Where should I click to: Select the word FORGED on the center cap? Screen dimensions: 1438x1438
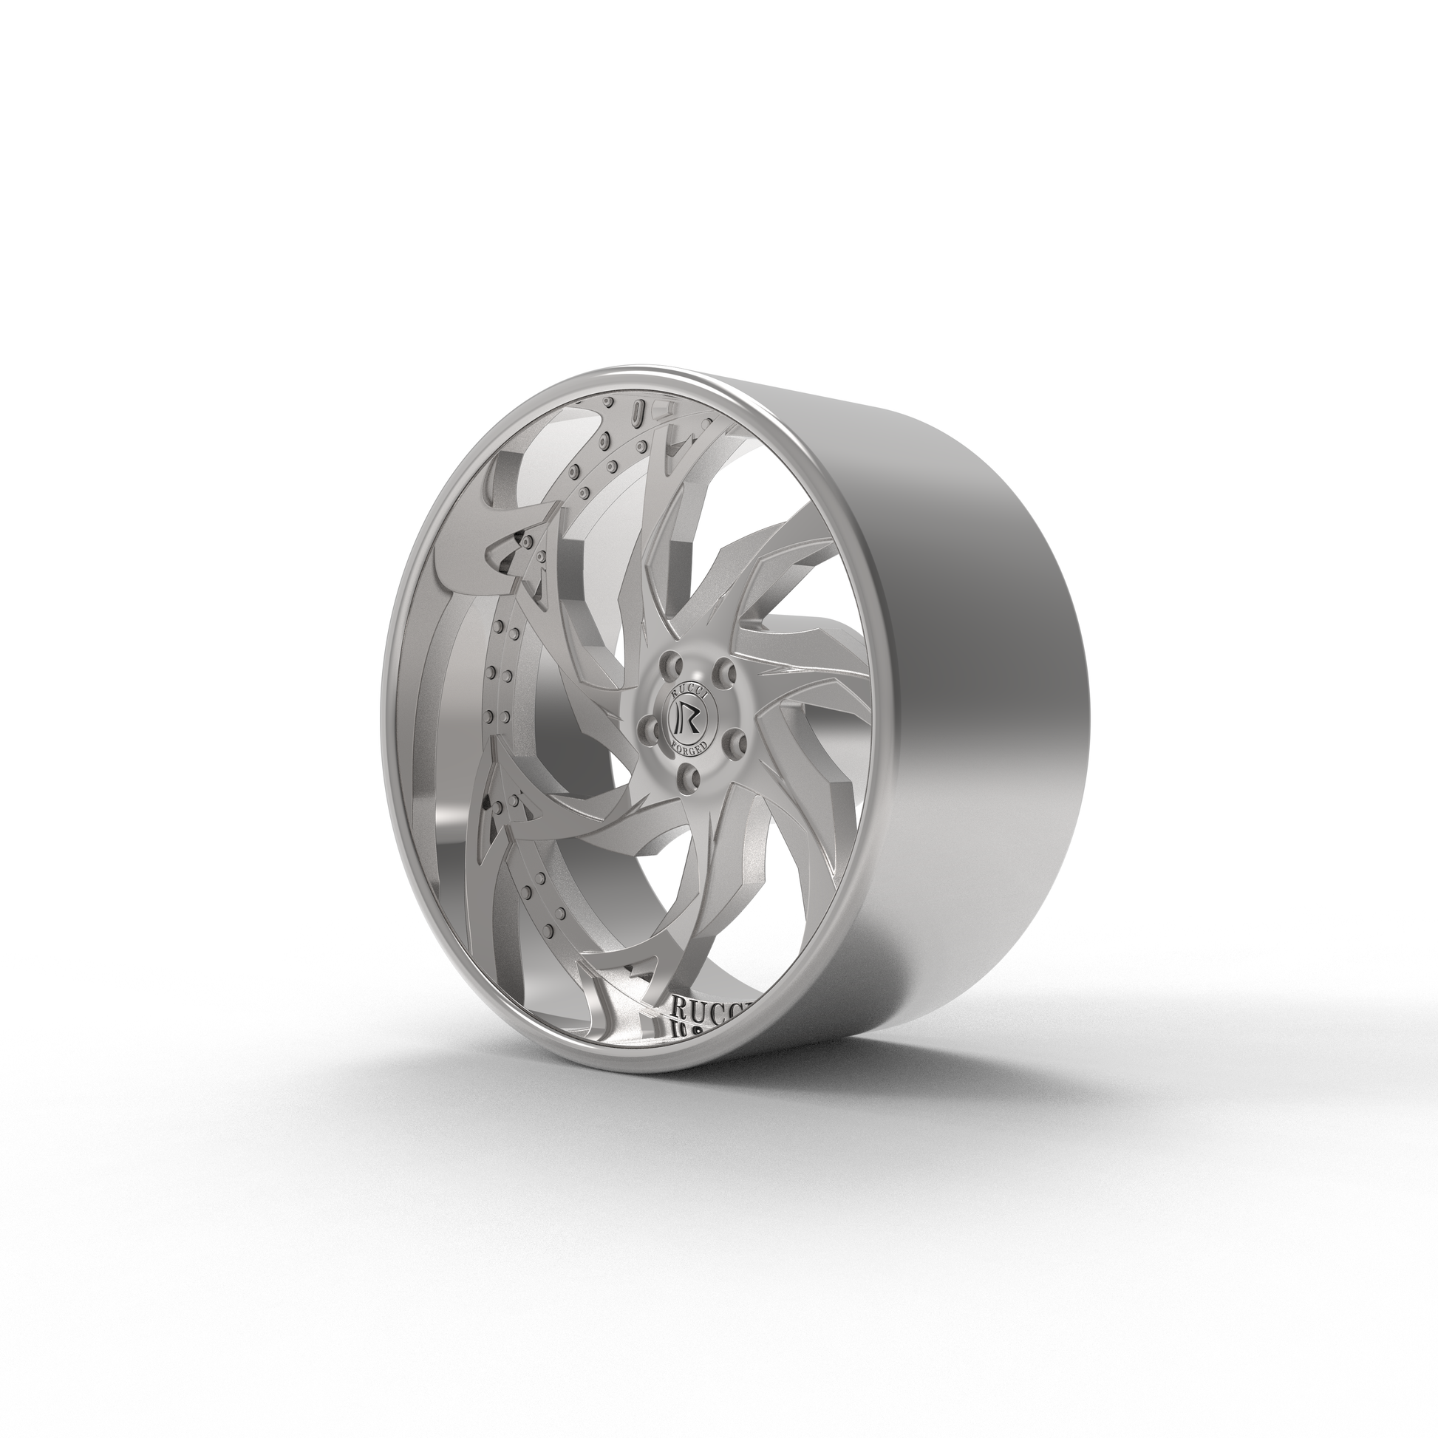(x=689, y=745)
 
